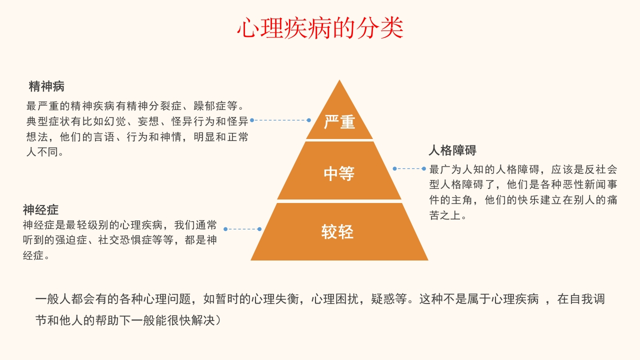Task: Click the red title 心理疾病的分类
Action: coord(320,28)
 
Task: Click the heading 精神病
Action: coord(46,86)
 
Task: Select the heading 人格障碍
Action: coord(452,150)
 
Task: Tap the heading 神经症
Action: coord(40,210)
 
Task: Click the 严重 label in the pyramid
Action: coord(339,122)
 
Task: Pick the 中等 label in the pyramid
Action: coord(339,173)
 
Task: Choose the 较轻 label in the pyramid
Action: coord(337,231)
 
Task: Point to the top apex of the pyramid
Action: coord(339,80)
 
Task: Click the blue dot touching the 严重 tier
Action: coord(309,120)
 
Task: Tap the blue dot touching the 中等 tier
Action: coord(394,169)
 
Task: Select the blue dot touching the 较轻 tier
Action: coord(259,229)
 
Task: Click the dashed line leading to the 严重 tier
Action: coord(280,120)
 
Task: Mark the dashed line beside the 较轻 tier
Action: coord(242,229)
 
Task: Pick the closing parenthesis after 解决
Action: coord(218,320)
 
